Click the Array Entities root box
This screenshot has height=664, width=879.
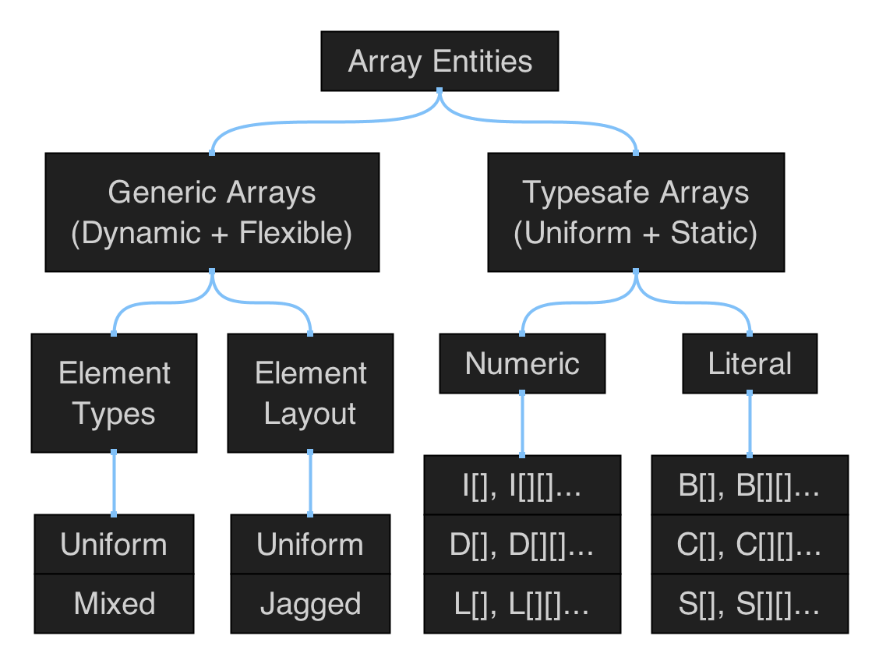click(439, 62)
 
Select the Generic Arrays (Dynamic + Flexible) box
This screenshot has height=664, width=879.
click(212, 212)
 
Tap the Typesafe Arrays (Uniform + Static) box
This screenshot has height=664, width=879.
click(636, 212)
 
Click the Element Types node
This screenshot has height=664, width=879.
click(114, 393)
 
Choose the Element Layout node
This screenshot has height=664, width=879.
click(310, 393)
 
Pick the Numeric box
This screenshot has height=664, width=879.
click(522, 363)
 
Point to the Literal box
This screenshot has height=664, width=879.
click(750, 363)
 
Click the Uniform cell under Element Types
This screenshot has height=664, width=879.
click(114, 544)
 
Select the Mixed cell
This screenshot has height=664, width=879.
click(114, 603)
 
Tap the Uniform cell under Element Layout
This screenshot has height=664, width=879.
click(310, 544)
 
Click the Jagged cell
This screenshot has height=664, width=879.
click(310, 603)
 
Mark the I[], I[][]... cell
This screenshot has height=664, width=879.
click(522, 486)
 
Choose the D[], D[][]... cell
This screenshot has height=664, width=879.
click(522, 544)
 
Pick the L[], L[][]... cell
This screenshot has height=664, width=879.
click(522, 603)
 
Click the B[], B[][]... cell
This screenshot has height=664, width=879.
click(750, 486)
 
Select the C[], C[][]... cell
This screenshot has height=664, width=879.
click(750, 544)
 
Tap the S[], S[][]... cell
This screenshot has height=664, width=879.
click(750, 603)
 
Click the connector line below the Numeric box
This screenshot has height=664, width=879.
click(522, 424)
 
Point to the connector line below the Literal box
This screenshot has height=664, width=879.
click(750, 424)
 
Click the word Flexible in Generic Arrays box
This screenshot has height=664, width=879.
click(295, 233)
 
